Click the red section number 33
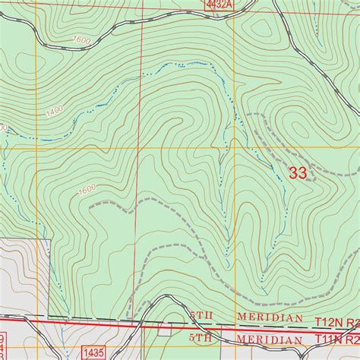pyautogui.click(x=298, y=173)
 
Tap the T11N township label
pyautogui.click(x=329, y=339)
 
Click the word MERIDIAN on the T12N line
pyautogui.click(x=266, y=319)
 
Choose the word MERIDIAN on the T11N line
pyautogui.click(x=266, y=338)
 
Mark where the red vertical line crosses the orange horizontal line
pyautogui.click(x=137, y=148)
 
